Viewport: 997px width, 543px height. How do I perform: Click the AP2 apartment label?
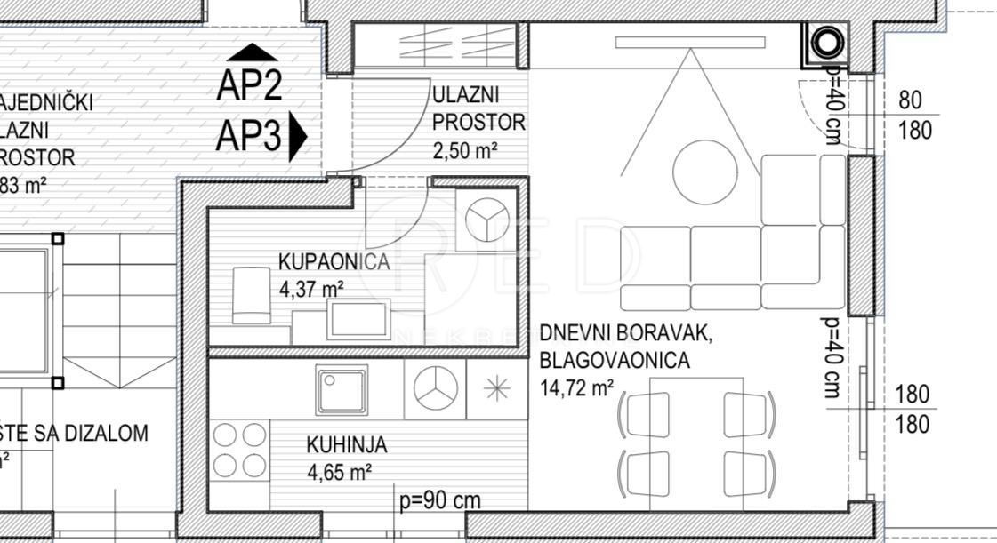coord(249,86)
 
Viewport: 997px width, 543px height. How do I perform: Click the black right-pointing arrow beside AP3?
coord(298,139)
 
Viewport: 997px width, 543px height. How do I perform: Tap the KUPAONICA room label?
coord(334,262)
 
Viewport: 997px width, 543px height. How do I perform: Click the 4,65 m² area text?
coord(339,472)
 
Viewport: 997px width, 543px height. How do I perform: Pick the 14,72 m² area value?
coord(576,387)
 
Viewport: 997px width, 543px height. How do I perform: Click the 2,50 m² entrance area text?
coord(465,150)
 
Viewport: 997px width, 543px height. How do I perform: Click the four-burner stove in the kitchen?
coord(240,451)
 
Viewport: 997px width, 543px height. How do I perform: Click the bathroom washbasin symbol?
coord(358,318)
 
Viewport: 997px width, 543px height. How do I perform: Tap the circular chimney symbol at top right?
coord(826,43)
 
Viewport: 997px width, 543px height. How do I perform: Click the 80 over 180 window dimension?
coord(915,116)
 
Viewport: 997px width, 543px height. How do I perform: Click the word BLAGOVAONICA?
coord(614,361)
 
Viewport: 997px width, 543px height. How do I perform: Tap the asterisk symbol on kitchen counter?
coord(494,388)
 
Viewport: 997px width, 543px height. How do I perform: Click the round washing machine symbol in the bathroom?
coord(486,218)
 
